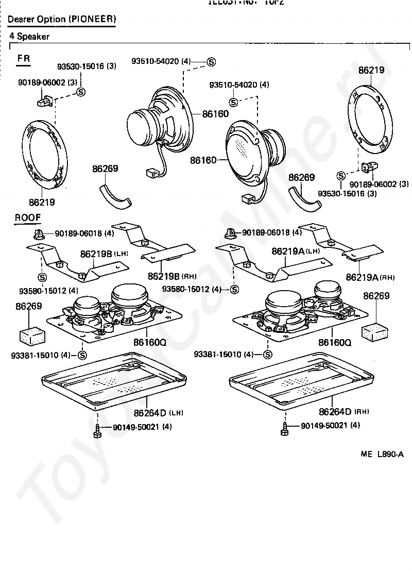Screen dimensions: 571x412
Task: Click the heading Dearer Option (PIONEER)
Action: [61, 20]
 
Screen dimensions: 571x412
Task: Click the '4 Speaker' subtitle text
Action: [29, 37]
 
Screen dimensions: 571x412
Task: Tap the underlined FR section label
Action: [24, 58]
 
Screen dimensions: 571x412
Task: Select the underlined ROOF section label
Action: [27, 218]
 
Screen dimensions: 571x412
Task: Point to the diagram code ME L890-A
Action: [382, 454]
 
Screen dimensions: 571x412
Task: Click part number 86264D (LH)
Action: [158, 412]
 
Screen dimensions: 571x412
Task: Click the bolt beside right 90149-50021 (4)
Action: [284, 429]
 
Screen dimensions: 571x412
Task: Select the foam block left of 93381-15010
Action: [31, 335]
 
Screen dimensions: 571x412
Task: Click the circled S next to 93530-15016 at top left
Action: [81, 92]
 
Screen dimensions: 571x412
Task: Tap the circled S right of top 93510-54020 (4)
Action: [211, 62]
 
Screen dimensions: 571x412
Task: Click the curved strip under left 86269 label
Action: [115, 195]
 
